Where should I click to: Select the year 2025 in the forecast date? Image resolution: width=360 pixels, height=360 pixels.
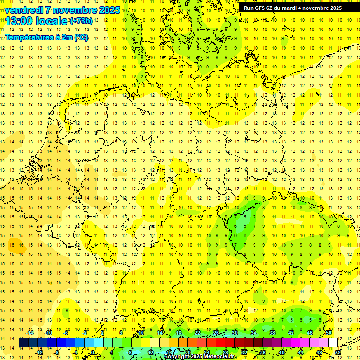108,10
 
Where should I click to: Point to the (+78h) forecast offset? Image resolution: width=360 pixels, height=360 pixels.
82,21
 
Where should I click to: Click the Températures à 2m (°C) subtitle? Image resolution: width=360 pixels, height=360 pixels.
46,37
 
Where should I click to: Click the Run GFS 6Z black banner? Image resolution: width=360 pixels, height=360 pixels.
292,8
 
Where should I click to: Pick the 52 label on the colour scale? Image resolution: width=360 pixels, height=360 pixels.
338,352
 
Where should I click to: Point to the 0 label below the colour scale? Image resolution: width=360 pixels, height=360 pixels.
93,352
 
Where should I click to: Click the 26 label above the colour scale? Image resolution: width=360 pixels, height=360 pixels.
216,333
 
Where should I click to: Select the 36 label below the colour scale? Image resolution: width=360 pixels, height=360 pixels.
262,352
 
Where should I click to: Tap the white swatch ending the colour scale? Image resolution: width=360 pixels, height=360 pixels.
333,343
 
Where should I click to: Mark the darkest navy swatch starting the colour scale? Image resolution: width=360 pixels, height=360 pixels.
23,343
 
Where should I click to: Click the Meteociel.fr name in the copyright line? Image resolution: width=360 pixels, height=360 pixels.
220,357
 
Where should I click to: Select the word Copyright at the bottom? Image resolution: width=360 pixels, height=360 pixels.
177,357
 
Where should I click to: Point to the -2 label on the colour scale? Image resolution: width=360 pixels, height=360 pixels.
84,333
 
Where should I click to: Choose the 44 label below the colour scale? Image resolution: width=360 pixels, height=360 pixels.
300,352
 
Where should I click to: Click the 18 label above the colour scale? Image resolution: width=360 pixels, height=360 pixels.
178,333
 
